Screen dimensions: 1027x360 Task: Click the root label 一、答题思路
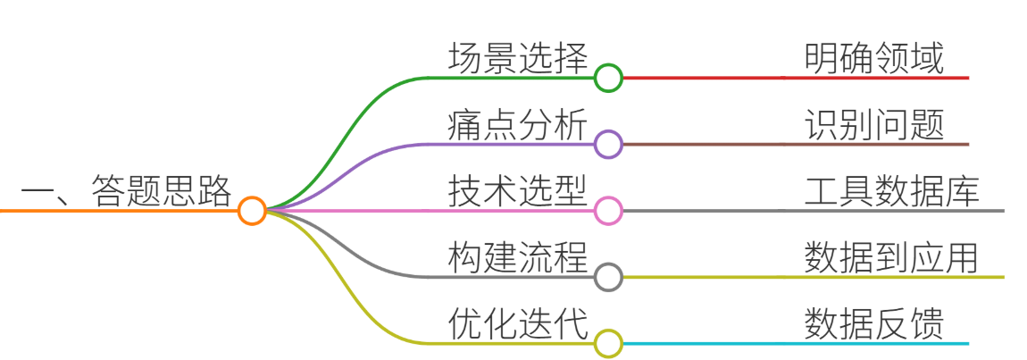127,191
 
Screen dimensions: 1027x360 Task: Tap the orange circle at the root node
252,211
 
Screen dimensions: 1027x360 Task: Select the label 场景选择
518,59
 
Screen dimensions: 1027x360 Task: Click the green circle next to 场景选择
608,78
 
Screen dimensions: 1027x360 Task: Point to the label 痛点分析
518,125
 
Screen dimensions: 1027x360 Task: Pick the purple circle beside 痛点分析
608,144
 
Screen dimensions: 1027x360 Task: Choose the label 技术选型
518,191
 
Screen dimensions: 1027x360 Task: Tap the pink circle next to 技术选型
608,211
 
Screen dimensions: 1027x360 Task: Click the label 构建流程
518,257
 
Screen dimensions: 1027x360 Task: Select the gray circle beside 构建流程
608,278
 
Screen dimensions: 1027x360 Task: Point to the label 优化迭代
518,324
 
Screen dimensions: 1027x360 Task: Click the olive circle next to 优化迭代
608,344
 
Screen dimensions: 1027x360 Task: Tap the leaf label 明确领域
874,59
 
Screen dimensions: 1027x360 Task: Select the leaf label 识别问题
874,125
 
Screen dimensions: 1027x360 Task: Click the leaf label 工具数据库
892,191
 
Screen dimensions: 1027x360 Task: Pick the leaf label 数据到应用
892,257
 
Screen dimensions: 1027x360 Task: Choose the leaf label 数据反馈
874,324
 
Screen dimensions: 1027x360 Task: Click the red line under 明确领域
795,78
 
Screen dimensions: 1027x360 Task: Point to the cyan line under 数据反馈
795,344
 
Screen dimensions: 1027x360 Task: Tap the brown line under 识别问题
795,144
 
